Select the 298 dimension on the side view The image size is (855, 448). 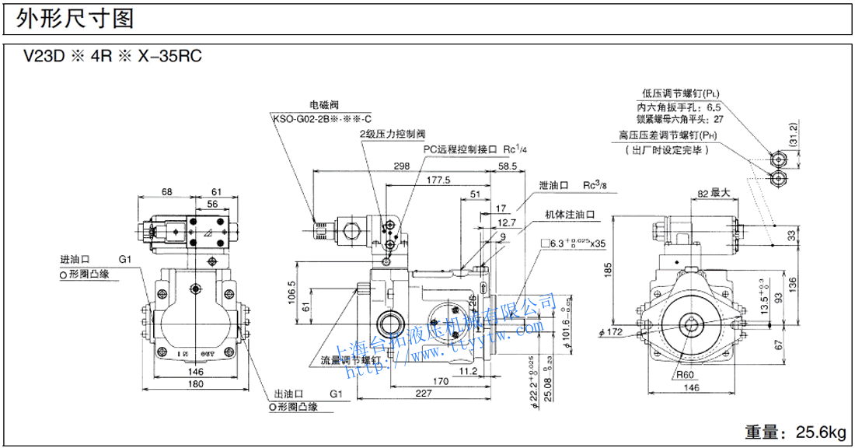[x=401, y=166]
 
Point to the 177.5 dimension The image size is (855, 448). [x=439, y=180]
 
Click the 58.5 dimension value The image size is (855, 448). [x=508, y=166]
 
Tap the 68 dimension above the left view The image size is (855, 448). [x=166, y=191]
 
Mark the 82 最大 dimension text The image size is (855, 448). [x=712, y=192]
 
